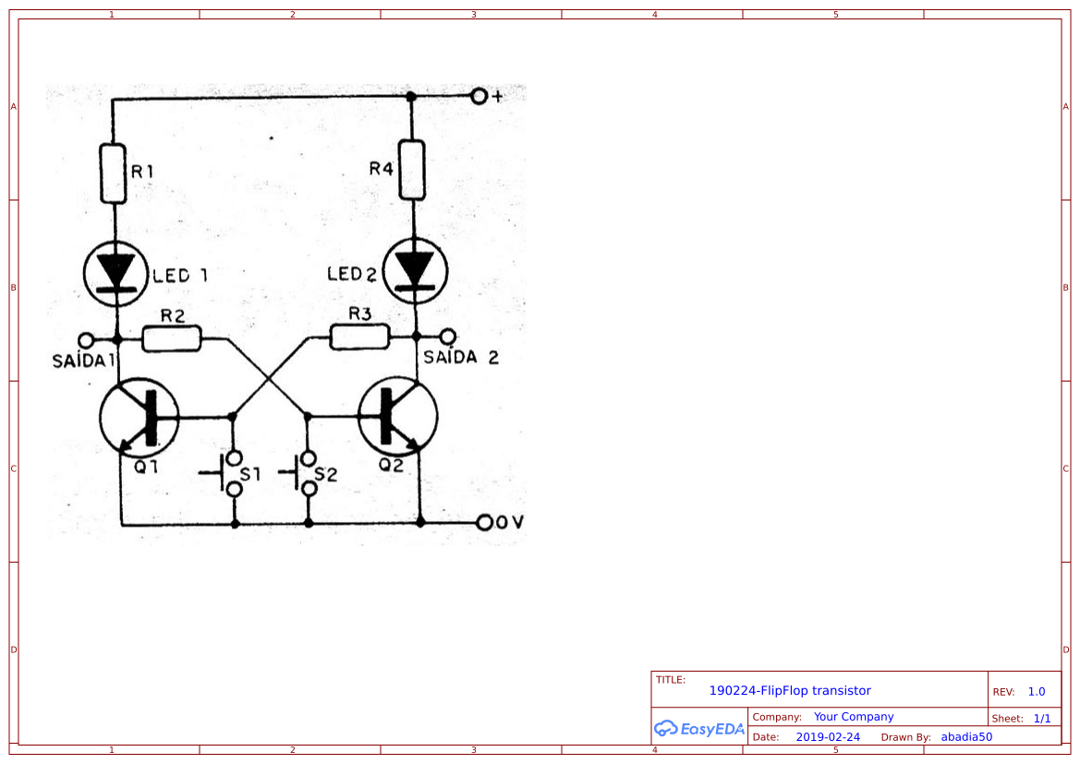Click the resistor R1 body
[113, 173]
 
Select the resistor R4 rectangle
[412, 170]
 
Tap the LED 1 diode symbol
[115, 272]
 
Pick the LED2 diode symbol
[415, 271]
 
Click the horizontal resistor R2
[172, 339]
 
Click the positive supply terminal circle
[479, 96]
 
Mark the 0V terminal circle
[485, 523]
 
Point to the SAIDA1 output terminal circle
[85, 339]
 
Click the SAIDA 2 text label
[460, 358]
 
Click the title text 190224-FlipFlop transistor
[790, 690]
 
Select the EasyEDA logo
[699, 728]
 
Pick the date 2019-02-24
[828, 737]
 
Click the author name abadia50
[966, 737]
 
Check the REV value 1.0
[1036, 691]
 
